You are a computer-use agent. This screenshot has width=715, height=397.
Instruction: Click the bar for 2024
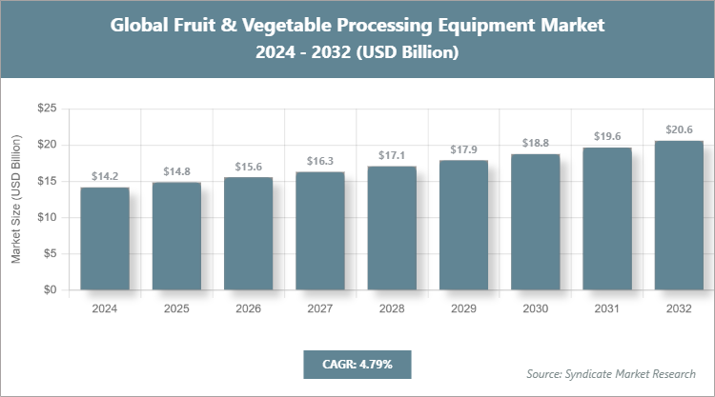tap(105, 238)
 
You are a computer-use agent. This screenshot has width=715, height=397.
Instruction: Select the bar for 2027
tap(320, 230)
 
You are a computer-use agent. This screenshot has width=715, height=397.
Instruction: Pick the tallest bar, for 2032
tap(679, 215)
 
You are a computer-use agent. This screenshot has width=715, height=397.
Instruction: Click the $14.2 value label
tap(105, 176)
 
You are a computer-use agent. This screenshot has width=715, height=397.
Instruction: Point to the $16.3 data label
tap(320, 161)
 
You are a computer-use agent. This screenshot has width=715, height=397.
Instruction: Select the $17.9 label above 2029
tap(463, 149)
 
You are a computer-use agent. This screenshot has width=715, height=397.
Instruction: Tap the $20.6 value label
tap(679, 129)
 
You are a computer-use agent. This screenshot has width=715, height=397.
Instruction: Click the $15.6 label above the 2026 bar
tap(249, 167)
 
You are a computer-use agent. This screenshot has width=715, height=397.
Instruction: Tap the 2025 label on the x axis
tap(176, 309)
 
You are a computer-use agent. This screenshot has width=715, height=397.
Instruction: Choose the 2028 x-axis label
tap(392, 309)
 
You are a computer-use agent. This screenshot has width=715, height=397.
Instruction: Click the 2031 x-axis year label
tap(607, 309)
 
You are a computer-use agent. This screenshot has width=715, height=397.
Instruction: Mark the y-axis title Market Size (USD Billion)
tap(16, 200)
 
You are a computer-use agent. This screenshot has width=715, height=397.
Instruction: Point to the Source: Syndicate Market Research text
tap(611, 373)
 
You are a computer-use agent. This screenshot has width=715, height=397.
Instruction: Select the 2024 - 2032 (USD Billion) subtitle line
tap(357, 53)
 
